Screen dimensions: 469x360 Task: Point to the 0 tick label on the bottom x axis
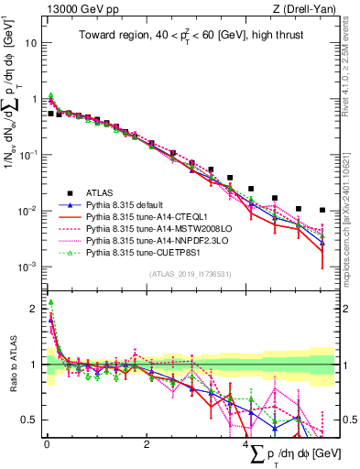click(x=47, y=444)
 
